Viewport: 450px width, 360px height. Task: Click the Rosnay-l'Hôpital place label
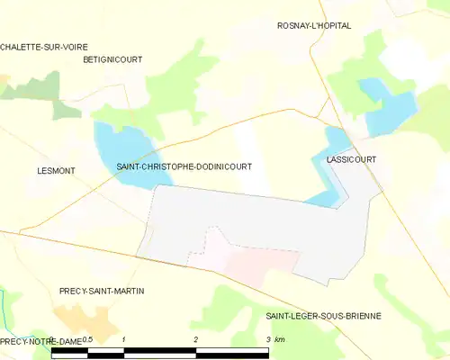click(313, 26)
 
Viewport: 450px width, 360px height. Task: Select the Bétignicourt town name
click(112, 59)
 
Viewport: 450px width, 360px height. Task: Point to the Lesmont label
click(56, 170)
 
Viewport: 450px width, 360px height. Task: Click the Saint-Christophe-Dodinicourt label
click(184, 166)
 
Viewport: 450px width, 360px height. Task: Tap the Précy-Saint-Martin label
click(102, 292)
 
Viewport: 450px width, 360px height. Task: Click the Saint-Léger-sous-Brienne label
click(323, 316)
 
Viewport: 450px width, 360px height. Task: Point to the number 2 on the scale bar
click(196, 340)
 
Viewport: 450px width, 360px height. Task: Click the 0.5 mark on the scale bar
click(87, 340)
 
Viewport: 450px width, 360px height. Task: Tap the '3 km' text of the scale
click(275, 340)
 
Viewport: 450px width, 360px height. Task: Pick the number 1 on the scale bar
click(123, 340)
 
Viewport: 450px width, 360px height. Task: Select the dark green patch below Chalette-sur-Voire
click(65, 109)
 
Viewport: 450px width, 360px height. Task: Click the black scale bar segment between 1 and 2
click(159, 352)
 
